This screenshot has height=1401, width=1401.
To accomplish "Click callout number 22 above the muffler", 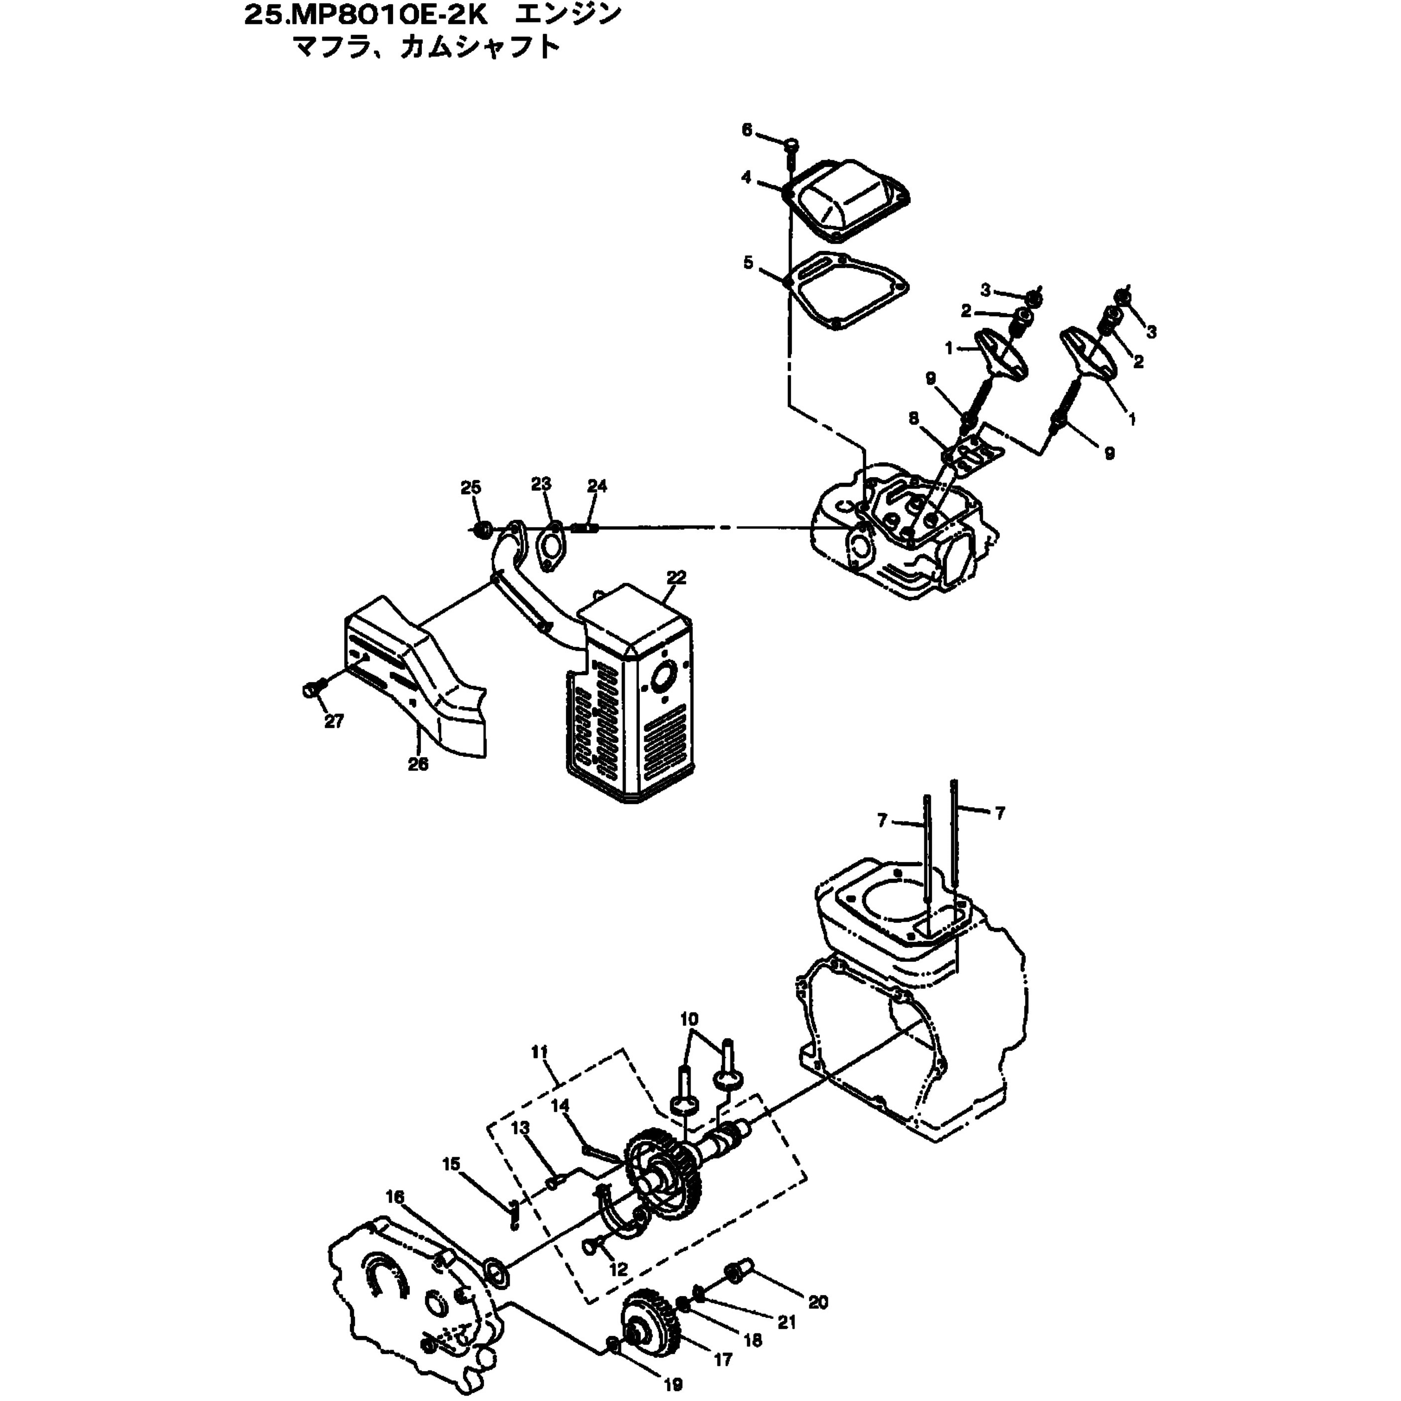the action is (x=676, y=578).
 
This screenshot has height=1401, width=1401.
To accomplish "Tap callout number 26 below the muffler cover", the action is (x=418, y=764).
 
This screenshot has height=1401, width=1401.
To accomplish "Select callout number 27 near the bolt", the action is (x=333, y=721).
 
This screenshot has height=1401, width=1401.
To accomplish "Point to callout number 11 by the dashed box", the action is (x=539, y=1052).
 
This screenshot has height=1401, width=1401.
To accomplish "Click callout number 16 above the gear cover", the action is (x=395, y=1197).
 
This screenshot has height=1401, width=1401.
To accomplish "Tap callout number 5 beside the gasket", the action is (x=748, y=263).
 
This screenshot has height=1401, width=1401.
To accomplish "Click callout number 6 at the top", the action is (x=747, y=130).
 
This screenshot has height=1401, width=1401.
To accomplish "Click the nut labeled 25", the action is (x=480, y=530).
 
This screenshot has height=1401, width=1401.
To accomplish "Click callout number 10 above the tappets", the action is (x=689, y=1019).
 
